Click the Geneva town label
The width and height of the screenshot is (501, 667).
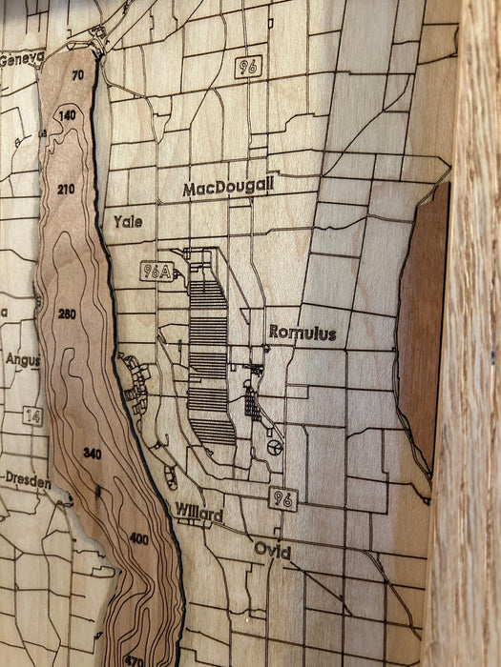(21, 58)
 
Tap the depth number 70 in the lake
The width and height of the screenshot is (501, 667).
(77, 75)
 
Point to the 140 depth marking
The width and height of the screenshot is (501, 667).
(67, 115)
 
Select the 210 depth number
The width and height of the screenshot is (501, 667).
(65, 190)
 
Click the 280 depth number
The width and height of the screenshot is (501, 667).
(67, 313)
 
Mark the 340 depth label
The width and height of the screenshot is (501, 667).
(92, 453)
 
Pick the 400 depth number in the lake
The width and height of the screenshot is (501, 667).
(138, 539)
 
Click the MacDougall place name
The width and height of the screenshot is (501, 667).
(227, 187)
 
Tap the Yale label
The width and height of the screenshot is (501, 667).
(128, 221)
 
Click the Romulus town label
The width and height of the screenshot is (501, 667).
(302, 333)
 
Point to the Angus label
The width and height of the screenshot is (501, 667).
(23, 360)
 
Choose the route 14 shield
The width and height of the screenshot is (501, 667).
(34, 415)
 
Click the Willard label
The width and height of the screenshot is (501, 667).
(198, 515)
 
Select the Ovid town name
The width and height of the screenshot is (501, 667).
(273, 550)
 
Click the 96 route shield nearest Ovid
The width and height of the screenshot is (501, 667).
(282, 498)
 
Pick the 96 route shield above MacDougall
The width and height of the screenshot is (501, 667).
(247, 67)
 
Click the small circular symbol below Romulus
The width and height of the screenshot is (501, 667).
(275, 447)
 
